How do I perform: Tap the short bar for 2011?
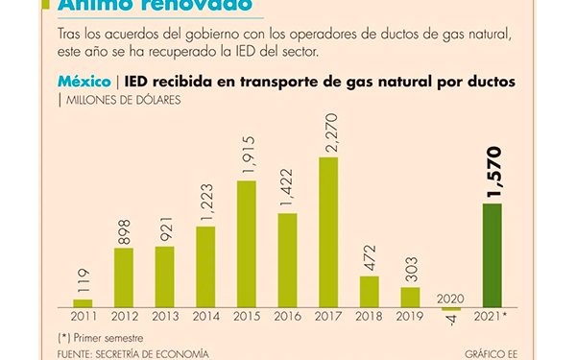[x=83, y=302]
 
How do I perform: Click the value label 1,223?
[x=205, y=200]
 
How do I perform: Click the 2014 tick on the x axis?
[x=205, y=316]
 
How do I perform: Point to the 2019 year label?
[x=411, y=316]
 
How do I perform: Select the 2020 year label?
[x=451, y=299]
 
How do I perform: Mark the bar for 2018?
[x=370, y=291]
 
